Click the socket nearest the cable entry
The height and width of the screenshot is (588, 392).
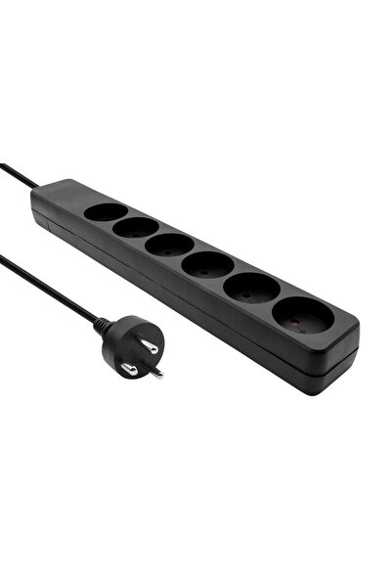tap(106, 210)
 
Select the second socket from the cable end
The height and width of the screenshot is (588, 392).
tap(136, 227)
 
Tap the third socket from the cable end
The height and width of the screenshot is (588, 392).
tap(169, 245)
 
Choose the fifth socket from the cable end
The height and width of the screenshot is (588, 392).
tap(251, 287)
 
